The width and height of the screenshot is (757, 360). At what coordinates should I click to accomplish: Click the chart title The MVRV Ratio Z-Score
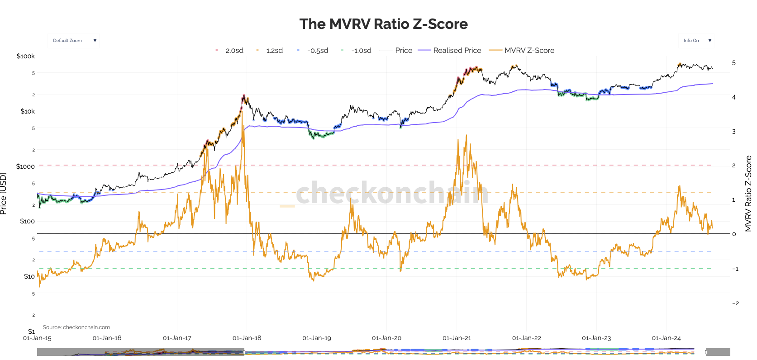click(x=383, y=24)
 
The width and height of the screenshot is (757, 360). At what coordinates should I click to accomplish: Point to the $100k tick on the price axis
click(x=26, y=56)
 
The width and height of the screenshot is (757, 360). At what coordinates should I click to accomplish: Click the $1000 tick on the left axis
click(x=25, y=166)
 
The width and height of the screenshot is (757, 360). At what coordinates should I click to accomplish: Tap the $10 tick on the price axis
click(x=29, y=276)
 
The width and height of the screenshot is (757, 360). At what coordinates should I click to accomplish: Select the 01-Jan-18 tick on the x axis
click(x=247, y=338)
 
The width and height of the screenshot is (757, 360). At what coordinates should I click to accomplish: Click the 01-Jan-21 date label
click(x=457, y=338)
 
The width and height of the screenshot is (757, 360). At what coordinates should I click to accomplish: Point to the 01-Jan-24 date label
click(x=666, y=338)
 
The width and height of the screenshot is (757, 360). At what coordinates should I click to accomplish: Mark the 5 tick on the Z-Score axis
click(x=734, y=63)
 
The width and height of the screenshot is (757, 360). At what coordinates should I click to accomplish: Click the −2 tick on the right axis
click(x=735, y=303)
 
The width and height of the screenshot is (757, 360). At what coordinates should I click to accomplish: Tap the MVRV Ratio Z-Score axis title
click(x=748, y=194)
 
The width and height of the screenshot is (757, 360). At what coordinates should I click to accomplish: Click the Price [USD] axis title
click(x=4, y=194)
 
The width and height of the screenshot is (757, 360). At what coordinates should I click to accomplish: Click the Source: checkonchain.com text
click(x=76, y=327)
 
